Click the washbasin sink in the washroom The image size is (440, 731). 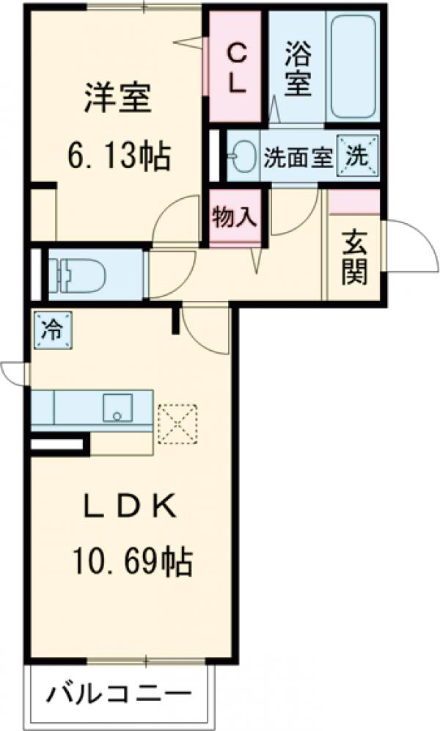242,156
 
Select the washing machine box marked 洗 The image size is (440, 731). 357,156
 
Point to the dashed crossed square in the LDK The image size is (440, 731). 176,424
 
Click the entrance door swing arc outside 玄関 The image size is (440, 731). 411,242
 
